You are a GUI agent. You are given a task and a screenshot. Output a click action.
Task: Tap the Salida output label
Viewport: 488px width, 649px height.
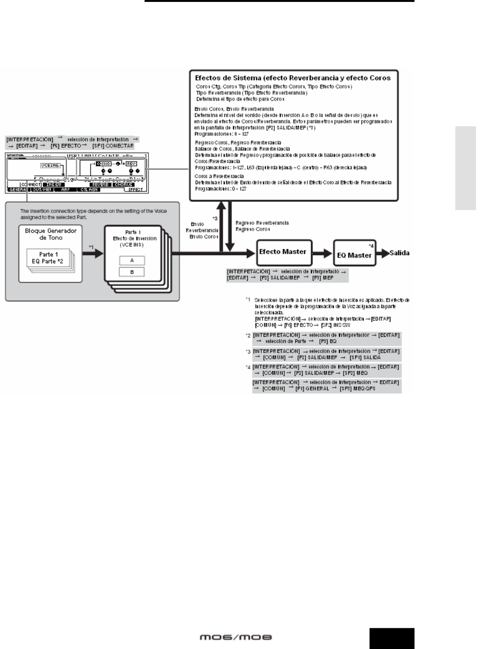400,253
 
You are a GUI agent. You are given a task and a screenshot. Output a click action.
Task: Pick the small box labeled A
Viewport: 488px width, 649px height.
132,260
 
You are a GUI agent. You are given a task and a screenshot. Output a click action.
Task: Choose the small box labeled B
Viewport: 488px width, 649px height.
132,272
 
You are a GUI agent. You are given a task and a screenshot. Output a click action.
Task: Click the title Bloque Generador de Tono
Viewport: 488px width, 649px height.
50,234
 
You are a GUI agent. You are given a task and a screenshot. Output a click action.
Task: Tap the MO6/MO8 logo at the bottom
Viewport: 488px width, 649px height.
236,637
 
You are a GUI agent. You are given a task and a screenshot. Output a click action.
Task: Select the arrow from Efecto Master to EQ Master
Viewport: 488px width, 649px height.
323,253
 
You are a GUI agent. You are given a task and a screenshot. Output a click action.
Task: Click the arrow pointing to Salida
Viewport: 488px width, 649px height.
382,253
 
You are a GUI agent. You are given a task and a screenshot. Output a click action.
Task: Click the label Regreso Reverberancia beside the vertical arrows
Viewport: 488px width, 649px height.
262,223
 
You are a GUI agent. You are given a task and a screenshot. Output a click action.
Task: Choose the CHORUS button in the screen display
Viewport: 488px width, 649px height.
123,185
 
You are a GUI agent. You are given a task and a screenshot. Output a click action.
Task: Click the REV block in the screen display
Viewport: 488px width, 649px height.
131,164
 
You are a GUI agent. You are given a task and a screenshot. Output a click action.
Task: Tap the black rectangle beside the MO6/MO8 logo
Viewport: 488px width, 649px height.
391,638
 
